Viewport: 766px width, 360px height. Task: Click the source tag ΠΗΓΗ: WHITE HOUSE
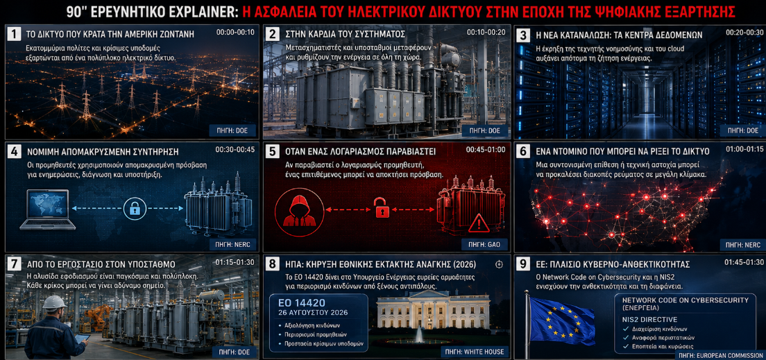pyautogui.click(x=473, y=352)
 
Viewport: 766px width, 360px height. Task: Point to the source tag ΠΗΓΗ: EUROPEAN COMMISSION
pyautogui.click(x=720, y=356)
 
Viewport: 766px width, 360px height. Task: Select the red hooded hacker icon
pyautogui.click(x=296, y=211)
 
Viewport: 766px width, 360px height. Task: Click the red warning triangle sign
pyautogui.click(x=478, y=224)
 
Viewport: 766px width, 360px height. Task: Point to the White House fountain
pyautogui.click(x=419, y=336)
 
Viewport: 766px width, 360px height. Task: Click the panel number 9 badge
pyautogui.click(x=523, y=264)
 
